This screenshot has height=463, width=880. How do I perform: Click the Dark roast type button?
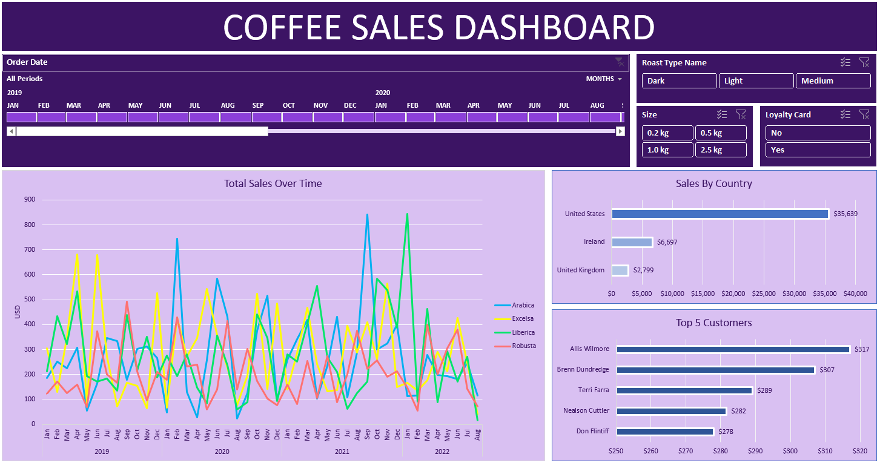[679, 81]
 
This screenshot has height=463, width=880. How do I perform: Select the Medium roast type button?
[833, 81]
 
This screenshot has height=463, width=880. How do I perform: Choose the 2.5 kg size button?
[721, 150]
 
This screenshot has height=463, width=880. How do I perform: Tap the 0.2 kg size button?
[667, 133]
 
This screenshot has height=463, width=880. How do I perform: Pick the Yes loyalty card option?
[818, 150]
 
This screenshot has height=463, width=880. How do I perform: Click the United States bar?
[720, 214]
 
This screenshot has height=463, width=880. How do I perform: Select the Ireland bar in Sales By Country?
[632, 242]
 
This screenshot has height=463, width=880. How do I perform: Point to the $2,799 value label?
[644, 271]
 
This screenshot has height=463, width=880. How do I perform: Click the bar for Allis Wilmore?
[733, 349]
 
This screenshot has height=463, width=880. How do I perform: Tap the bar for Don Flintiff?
[665, 432]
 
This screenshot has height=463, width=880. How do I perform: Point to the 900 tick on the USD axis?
[29, 200]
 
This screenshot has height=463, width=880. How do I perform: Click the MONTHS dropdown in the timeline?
[604, 79]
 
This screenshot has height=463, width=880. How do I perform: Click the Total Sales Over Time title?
[273, 183]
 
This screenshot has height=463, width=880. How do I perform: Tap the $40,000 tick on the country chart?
[855, 294]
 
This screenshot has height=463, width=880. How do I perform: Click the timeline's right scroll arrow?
[620, 131]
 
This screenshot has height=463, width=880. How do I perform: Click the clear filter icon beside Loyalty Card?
[864, 114]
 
